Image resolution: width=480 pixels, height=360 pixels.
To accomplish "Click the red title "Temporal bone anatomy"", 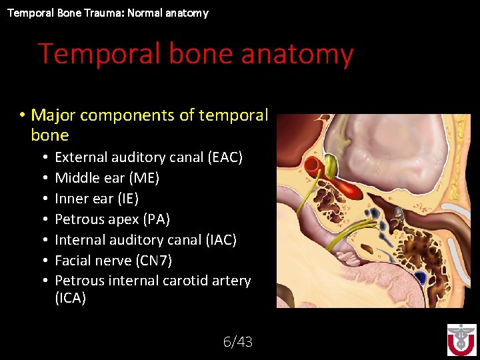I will [x=195, y=53].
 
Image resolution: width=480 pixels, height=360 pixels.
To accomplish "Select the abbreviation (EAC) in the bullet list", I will [x=225, y=157].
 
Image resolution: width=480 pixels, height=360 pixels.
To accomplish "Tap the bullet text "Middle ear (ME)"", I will [x=107, y=178].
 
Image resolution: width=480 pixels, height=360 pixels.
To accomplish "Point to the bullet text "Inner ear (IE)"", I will [x=97, y=199].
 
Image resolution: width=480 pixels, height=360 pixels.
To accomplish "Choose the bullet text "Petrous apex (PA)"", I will [x=112, y=219].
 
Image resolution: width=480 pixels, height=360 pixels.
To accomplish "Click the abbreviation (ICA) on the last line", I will [x=70, y=298].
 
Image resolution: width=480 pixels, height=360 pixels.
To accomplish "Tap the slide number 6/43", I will [x=237, y=342].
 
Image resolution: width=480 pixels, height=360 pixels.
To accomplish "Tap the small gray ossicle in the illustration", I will [x=398, y=212].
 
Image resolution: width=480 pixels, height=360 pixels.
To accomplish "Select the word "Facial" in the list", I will [x=75, y=261].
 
